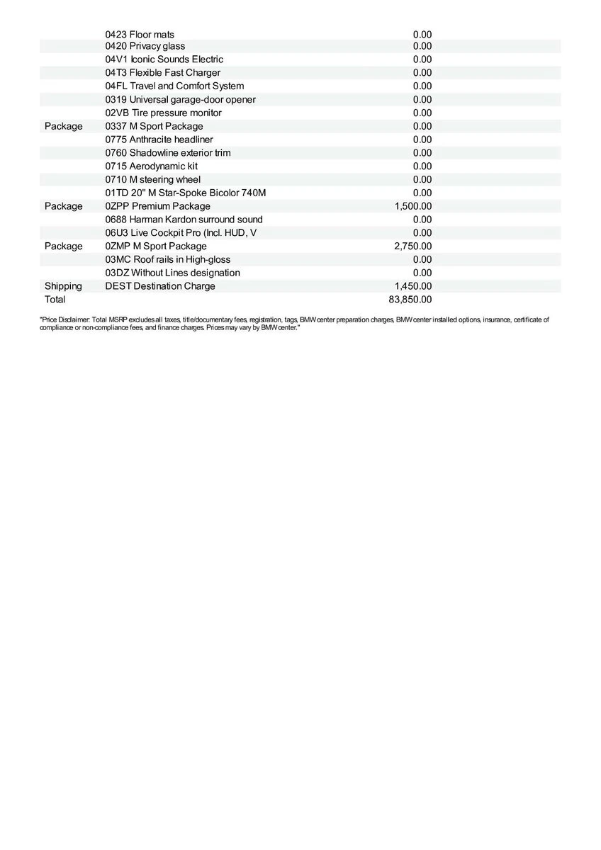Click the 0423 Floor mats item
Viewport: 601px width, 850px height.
140,34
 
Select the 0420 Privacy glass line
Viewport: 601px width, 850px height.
145,46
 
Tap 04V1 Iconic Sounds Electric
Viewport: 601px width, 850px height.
164,59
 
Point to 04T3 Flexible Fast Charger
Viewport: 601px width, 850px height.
162,72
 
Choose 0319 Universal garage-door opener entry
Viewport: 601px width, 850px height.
180,99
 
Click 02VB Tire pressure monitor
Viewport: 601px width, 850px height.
163,113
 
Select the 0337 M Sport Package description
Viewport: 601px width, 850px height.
154,126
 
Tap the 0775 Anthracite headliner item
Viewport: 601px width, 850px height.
159,140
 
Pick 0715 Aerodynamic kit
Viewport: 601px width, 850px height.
151,166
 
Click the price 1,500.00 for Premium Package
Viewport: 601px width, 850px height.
412,206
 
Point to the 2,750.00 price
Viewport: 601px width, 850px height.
412,246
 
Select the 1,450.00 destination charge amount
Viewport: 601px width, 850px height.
412,286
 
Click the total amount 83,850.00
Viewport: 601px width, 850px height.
410,300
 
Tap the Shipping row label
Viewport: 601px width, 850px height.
63,286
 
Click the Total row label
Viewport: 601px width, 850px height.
55,300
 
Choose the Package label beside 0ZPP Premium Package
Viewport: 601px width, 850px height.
63,206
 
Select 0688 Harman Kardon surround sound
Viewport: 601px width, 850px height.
184,220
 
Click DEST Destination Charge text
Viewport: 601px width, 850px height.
159,286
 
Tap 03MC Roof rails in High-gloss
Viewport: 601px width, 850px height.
167,259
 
